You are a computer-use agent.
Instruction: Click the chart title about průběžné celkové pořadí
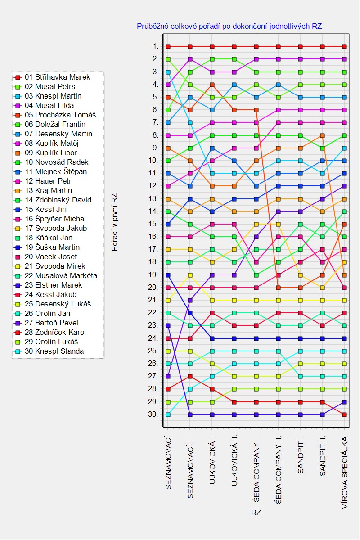coord(229,27)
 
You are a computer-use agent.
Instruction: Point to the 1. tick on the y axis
coord(155,46)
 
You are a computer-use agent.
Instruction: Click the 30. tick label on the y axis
coord(153,414)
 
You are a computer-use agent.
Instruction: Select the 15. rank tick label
coord(153,224)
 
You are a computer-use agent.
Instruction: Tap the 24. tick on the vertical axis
coord(153,338)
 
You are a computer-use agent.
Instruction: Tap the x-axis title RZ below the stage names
coord(256,513)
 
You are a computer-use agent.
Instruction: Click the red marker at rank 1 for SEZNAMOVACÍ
coord(168,46)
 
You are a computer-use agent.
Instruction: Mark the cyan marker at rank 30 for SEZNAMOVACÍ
coord(168,414)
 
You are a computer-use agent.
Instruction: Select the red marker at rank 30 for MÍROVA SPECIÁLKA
coord(345,414)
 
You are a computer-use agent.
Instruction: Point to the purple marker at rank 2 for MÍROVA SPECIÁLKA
coord(345,59)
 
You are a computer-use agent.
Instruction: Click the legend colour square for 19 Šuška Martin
coord(18,247)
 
